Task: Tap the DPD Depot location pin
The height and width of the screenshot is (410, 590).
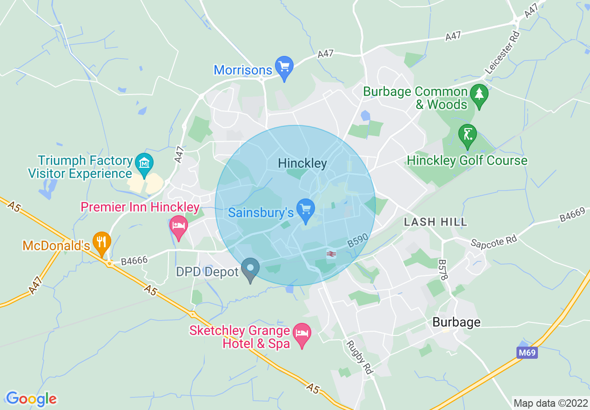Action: pos(250,270)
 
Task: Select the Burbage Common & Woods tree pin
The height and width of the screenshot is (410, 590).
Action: pos(479,95)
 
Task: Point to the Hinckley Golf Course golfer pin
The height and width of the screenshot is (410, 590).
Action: pos(467,136)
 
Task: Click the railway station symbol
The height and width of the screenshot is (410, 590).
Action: pos(331,254)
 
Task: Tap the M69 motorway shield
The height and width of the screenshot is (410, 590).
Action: pos(528,353)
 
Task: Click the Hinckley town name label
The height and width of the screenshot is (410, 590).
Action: pos(302,164)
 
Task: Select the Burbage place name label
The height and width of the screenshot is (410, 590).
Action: pos(456,322)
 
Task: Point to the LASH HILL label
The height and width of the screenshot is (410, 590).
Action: pos(436,222)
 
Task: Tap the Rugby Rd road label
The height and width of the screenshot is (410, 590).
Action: pos(359,357)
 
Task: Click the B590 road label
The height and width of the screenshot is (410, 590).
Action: pos(358,241)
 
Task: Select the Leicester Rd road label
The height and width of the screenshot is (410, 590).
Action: pos(502,53)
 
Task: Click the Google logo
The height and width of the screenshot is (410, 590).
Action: pos(31,399)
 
